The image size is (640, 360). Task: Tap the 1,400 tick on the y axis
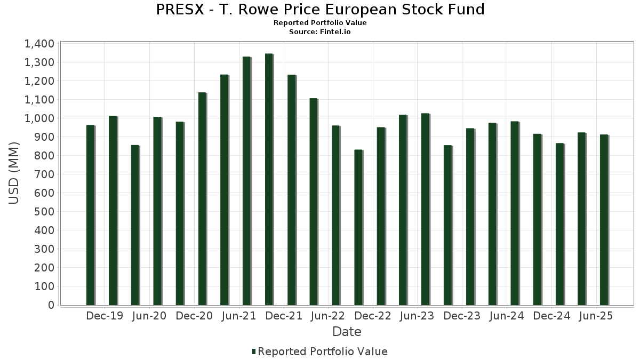[39, 44]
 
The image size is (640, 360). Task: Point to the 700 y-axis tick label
[44, 174]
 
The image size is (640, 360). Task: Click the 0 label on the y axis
[51, 305]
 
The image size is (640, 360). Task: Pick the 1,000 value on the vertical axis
[39, 118]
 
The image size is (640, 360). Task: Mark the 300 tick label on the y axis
[44, 249]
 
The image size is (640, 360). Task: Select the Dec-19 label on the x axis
[105, 316]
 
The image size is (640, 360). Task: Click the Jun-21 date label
[238, 316]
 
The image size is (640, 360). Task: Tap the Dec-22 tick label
[372, 316]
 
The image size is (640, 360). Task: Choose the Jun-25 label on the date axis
[596, 316]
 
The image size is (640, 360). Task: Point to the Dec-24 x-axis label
[551, 316]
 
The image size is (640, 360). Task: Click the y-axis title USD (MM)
[14, 173]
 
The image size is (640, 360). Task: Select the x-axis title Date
[347, 332]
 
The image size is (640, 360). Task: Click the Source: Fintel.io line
[320, 31]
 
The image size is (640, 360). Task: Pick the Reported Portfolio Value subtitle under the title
[320, 23]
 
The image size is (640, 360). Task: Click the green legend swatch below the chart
[254, 351]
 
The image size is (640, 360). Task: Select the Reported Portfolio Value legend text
[323, 351]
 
